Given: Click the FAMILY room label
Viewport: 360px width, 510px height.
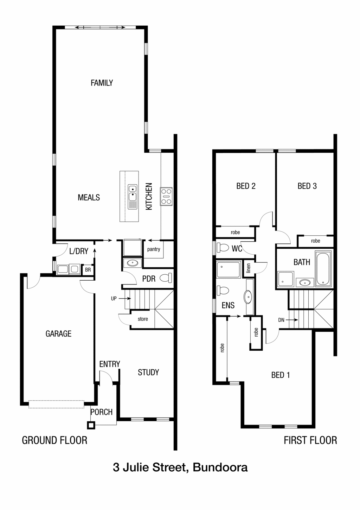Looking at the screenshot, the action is click(102, 83).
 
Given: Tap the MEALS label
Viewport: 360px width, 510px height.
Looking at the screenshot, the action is click(89, 197).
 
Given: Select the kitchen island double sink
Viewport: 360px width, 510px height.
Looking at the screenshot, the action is click(132, 197).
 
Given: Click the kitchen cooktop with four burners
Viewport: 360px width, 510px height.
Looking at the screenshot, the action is click(166, 196).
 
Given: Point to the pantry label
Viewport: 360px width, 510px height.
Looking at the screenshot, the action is click(154, 249).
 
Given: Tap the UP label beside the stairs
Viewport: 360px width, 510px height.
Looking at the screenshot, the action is click(114, 299).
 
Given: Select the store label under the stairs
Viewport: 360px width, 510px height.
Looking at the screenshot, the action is click(143, 319).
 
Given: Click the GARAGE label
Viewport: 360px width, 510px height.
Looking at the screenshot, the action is click(58, 334).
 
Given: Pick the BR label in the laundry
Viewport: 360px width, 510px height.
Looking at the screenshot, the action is click(88, 270).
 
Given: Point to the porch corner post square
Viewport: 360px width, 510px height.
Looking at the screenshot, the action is click(91, 425).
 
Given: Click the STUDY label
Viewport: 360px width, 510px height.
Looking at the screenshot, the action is click(148, 372).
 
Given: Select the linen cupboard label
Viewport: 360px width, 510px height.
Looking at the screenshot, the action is click(248, 268).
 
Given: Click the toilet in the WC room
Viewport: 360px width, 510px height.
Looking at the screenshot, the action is click(223, 248).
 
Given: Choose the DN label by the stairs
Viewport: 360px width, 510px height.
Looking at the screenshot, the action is click(281, 320).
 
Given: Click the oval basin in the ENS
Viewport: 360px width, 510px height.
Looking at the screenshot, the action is click(248, 297).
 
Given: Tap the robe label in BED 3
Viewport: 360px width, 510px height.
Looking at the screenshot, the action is click(315, 241).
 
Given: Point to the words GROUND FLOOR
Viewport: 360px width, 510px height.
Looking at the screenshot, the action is click(54, 440).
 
